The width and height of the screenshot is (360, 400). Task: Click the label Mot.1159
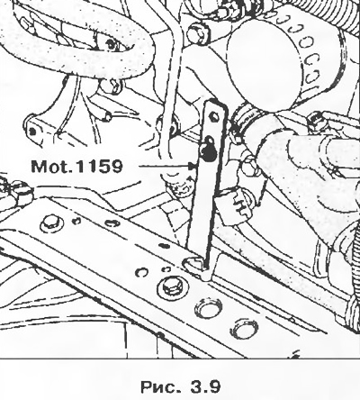tap(76, 166)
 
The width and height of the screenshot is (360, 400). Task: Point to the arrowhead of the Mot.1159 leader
tap(192, 166)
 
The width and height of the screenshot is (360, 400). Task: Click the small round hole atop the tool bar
tap(214, 116)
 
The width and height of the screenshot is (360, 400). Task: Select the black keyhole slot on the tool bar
tap(208, 149)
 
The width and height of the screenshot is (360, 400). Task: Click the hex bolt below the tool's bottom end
tap(172, 288)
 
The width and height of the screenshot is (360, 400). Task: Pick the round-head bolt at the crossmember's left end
tap(51, 223)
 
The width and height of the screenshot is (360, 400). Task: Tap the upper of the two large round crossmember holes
tap(209, 307)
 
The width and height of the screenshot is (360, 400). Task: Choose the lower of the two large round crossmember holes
tap(244, 328)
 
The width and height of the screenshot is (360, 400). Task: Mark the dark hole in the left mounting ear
tap(33, 131)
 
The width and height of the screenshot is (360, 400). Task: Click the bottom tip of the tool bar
tap(206, 266)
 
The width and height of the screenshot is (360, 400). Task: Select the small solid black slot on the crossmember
tap(164, 246)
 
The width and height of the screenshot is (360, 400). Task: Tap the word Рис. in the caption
tap(160, 386)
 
